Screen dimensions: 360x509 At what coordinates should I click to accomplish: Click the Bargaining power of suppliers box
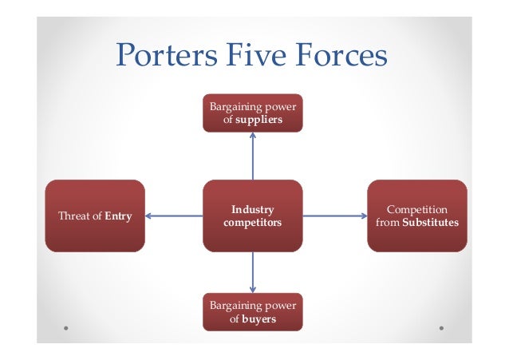pyautogui.click(x=252, y=114)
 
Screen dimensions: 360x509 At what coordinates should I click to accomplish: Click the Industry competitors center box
pyautogui.click(x=252, y=216)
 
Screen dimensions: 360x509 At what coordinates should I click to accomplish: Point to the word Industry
pyautogui.click(x=252, y=209)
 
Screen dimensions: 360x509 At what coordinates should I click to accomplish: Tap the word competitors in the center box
pyautogui.click(x=252, y=223)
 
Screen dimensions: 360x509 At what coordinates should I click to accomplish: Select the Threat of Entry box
pyautogui.click(x=95, y=216)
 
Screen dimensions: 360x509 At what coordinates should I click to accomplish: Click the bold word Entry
pyautogui.click(x=118, y=216)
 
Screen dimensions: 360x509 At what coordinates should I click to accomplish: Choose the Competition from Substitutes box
pyautogui.click(x=416, y=216)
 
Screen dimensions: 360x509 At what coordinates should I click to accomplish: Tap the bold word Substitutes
pyautogui.click(x=430, y=223)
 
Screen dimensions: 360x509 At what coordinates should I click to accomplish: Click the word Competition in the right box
pyautogui.click(x=416, y=209)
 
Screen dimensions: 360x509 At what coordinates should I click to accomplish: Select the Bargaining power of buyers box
pyautogui.click(x=252, y=311)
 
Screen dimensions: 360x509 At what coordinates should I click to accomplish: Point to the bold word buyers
pyautogui.click(x=258, y=318)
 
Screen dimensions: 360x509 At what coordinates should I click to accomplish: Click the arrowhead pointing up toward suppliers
pyautogui.click(x=253, y=136)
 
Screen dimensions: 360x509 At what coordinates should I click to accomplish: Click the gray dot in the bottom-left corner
pyautogui.click(x=65, y=327)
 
